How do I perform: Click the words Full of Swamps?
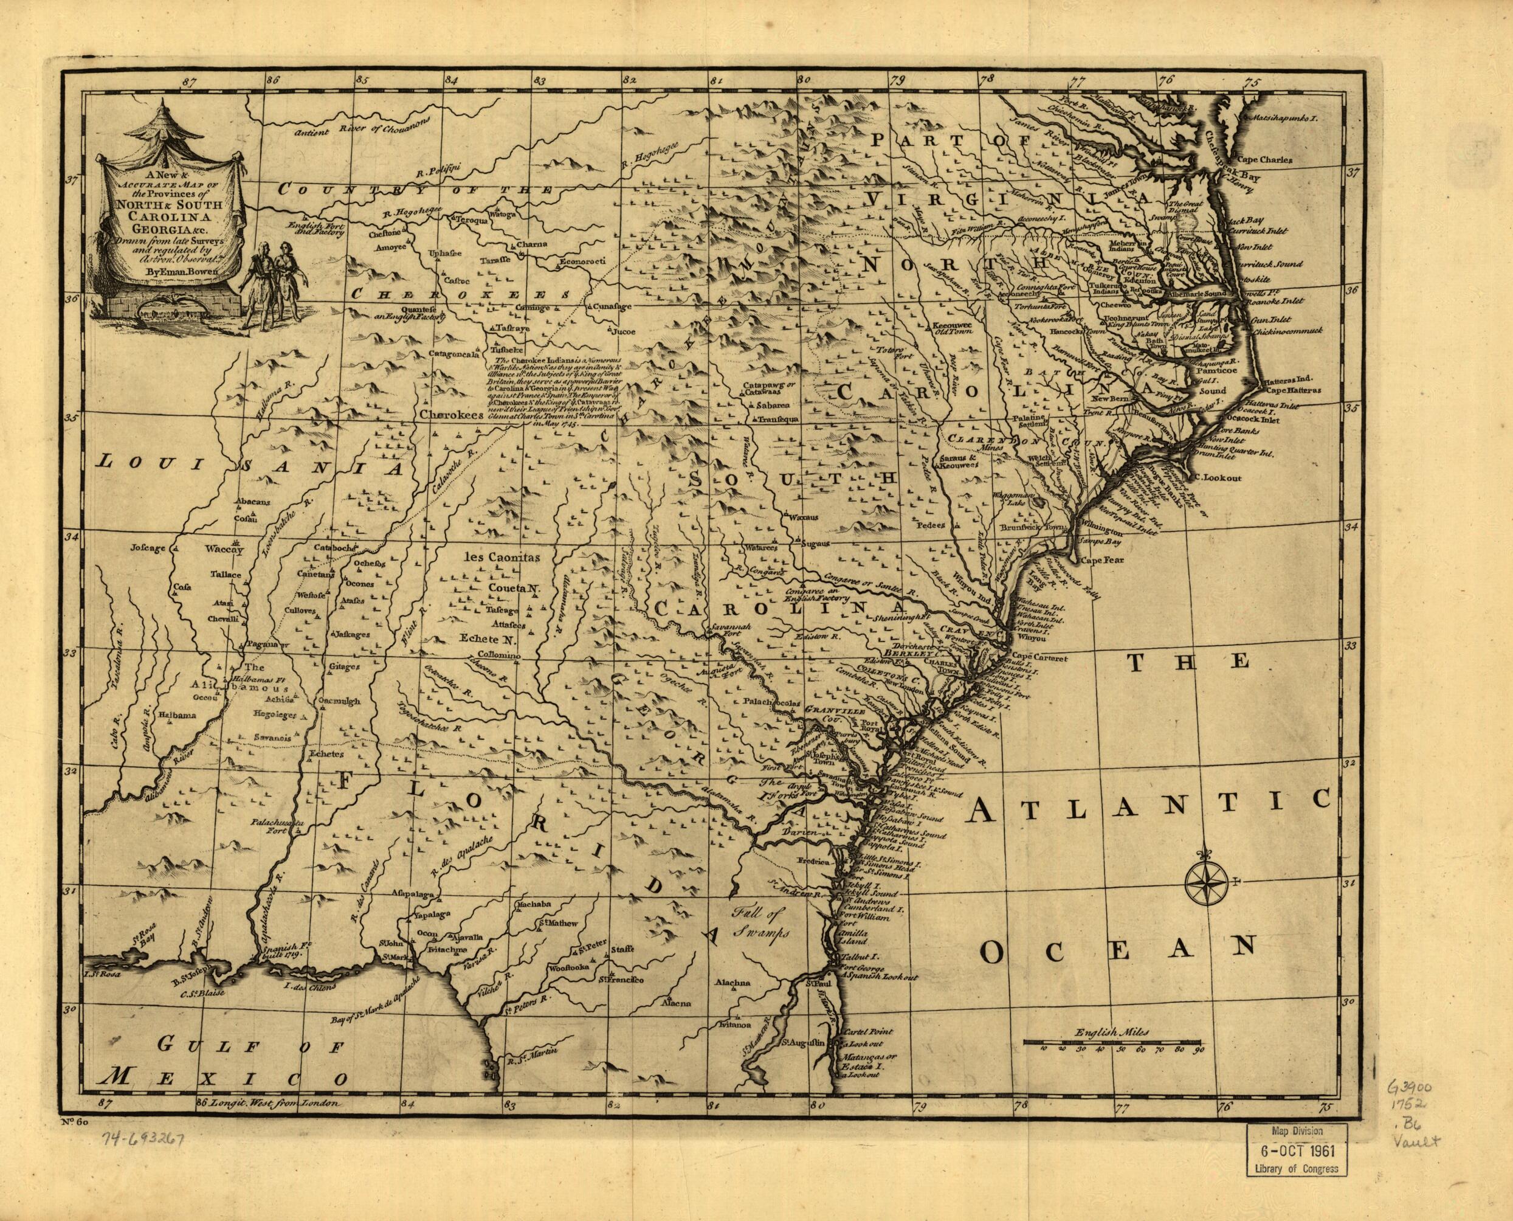759,924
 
